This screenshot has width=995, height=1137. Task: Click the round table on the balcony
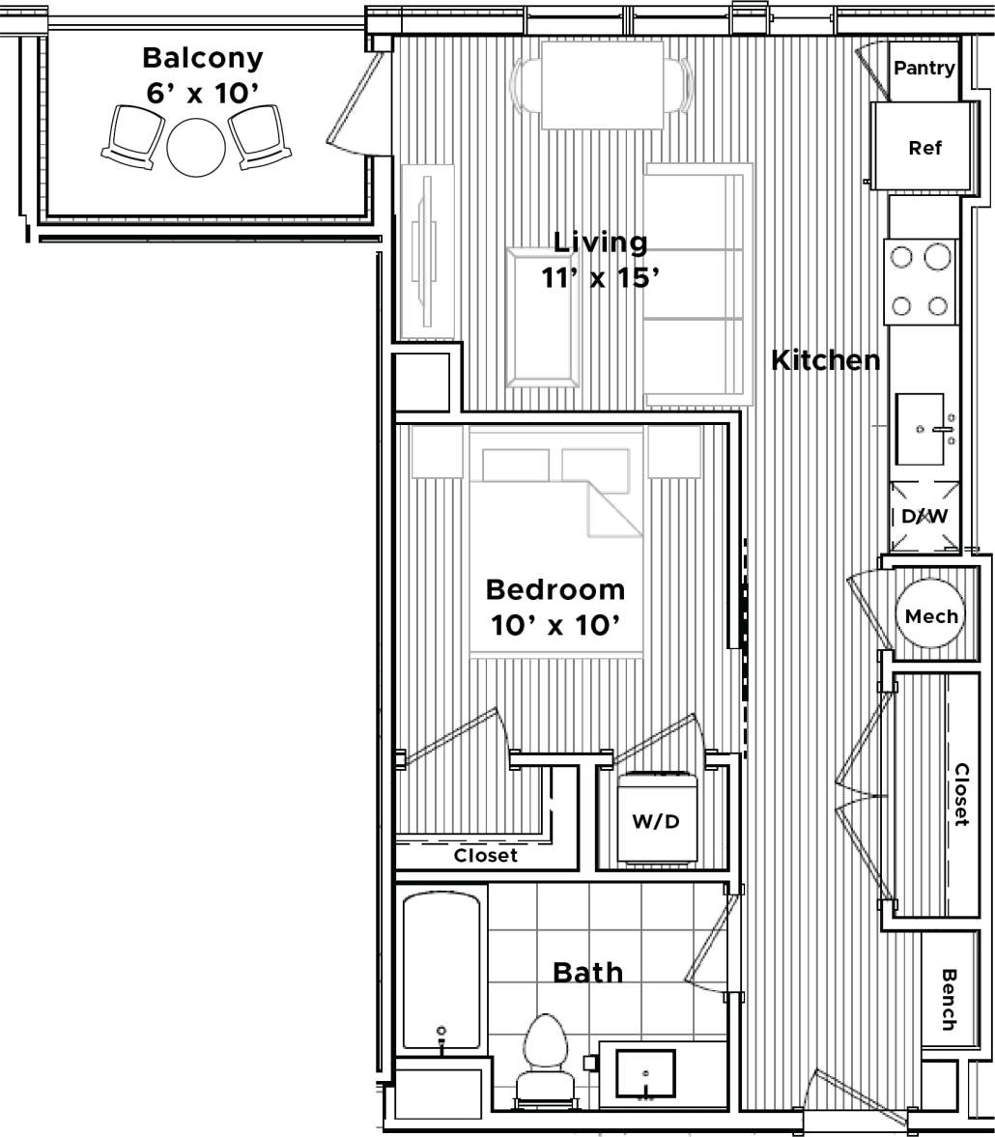click(x=196, y=147)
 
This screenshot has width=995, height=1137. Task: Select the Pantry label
click(x=924, y=69)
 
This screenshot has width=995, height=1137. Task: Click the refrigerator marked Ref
click(x=924, y=148)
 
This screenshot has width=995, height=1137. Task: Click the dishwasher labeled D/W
click(x=924, y=517)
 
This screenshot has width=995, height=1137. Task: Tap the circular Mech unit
click(x=931, y=616)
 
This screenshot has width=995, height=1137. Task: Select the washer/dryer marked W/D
click(x=656, y=820)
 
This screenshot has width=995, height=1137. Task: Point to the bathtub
click(x=441, y=971)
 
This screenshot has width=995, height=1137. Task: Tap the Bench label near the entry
click(x=948, y=998)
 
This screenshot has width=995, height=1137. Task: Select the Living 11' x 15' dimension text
click(x=600, y=277)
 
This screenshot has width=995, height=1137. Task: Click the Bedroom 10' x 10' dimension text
click(x=554, y=625)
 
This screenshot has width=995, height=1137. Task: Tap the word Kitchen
click(x=825, y=360)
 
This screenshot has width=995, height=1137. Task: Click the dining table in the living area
click(x=603, y=85)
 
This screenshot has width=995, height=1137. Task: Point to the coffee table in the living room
click(x=541, y=317)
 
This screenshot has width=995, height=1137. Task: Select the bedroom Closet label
click(x=486, y=855)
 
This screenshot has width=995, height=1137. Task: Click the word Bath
click(x=587, y=972)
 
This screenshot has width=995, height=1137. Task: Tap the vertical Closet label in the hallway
click(x=961, y=794)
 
